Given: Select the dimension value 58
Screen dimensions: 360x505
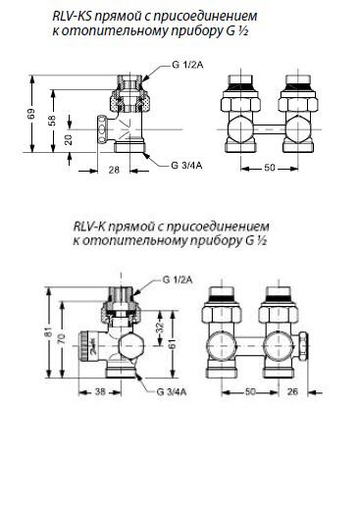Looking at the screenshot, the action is pyautogui.click(x=52, y=121).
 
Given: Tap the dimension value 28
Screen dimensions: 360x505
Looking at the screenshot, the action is pyautogui.click(x=114, y=170).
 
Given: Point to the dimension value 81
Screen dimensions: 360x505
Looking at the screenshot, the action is pyautogui.click(x=48, y=332).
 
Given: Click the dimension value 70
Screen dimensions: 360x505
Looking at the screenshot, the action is pyautogui.click(x=62, y=338).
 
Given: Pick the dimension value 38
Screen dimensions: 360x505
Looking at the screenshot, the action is pyautogui.click(x=100, y=391).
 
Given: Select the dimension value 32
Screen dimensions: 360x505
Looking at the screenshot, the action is pyautogui.click(x=159, y=328).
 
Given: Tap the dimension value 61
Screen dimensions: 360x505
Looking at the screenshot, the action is pyautogui.click(x=173, y=344).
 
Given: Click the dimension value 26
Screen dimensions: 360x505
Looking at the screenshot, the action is pyautogui.click(x=292, y=391).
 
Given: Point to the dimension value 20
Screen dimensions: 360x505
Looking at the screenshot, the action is pyautogui.click(x=68, y=140).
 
